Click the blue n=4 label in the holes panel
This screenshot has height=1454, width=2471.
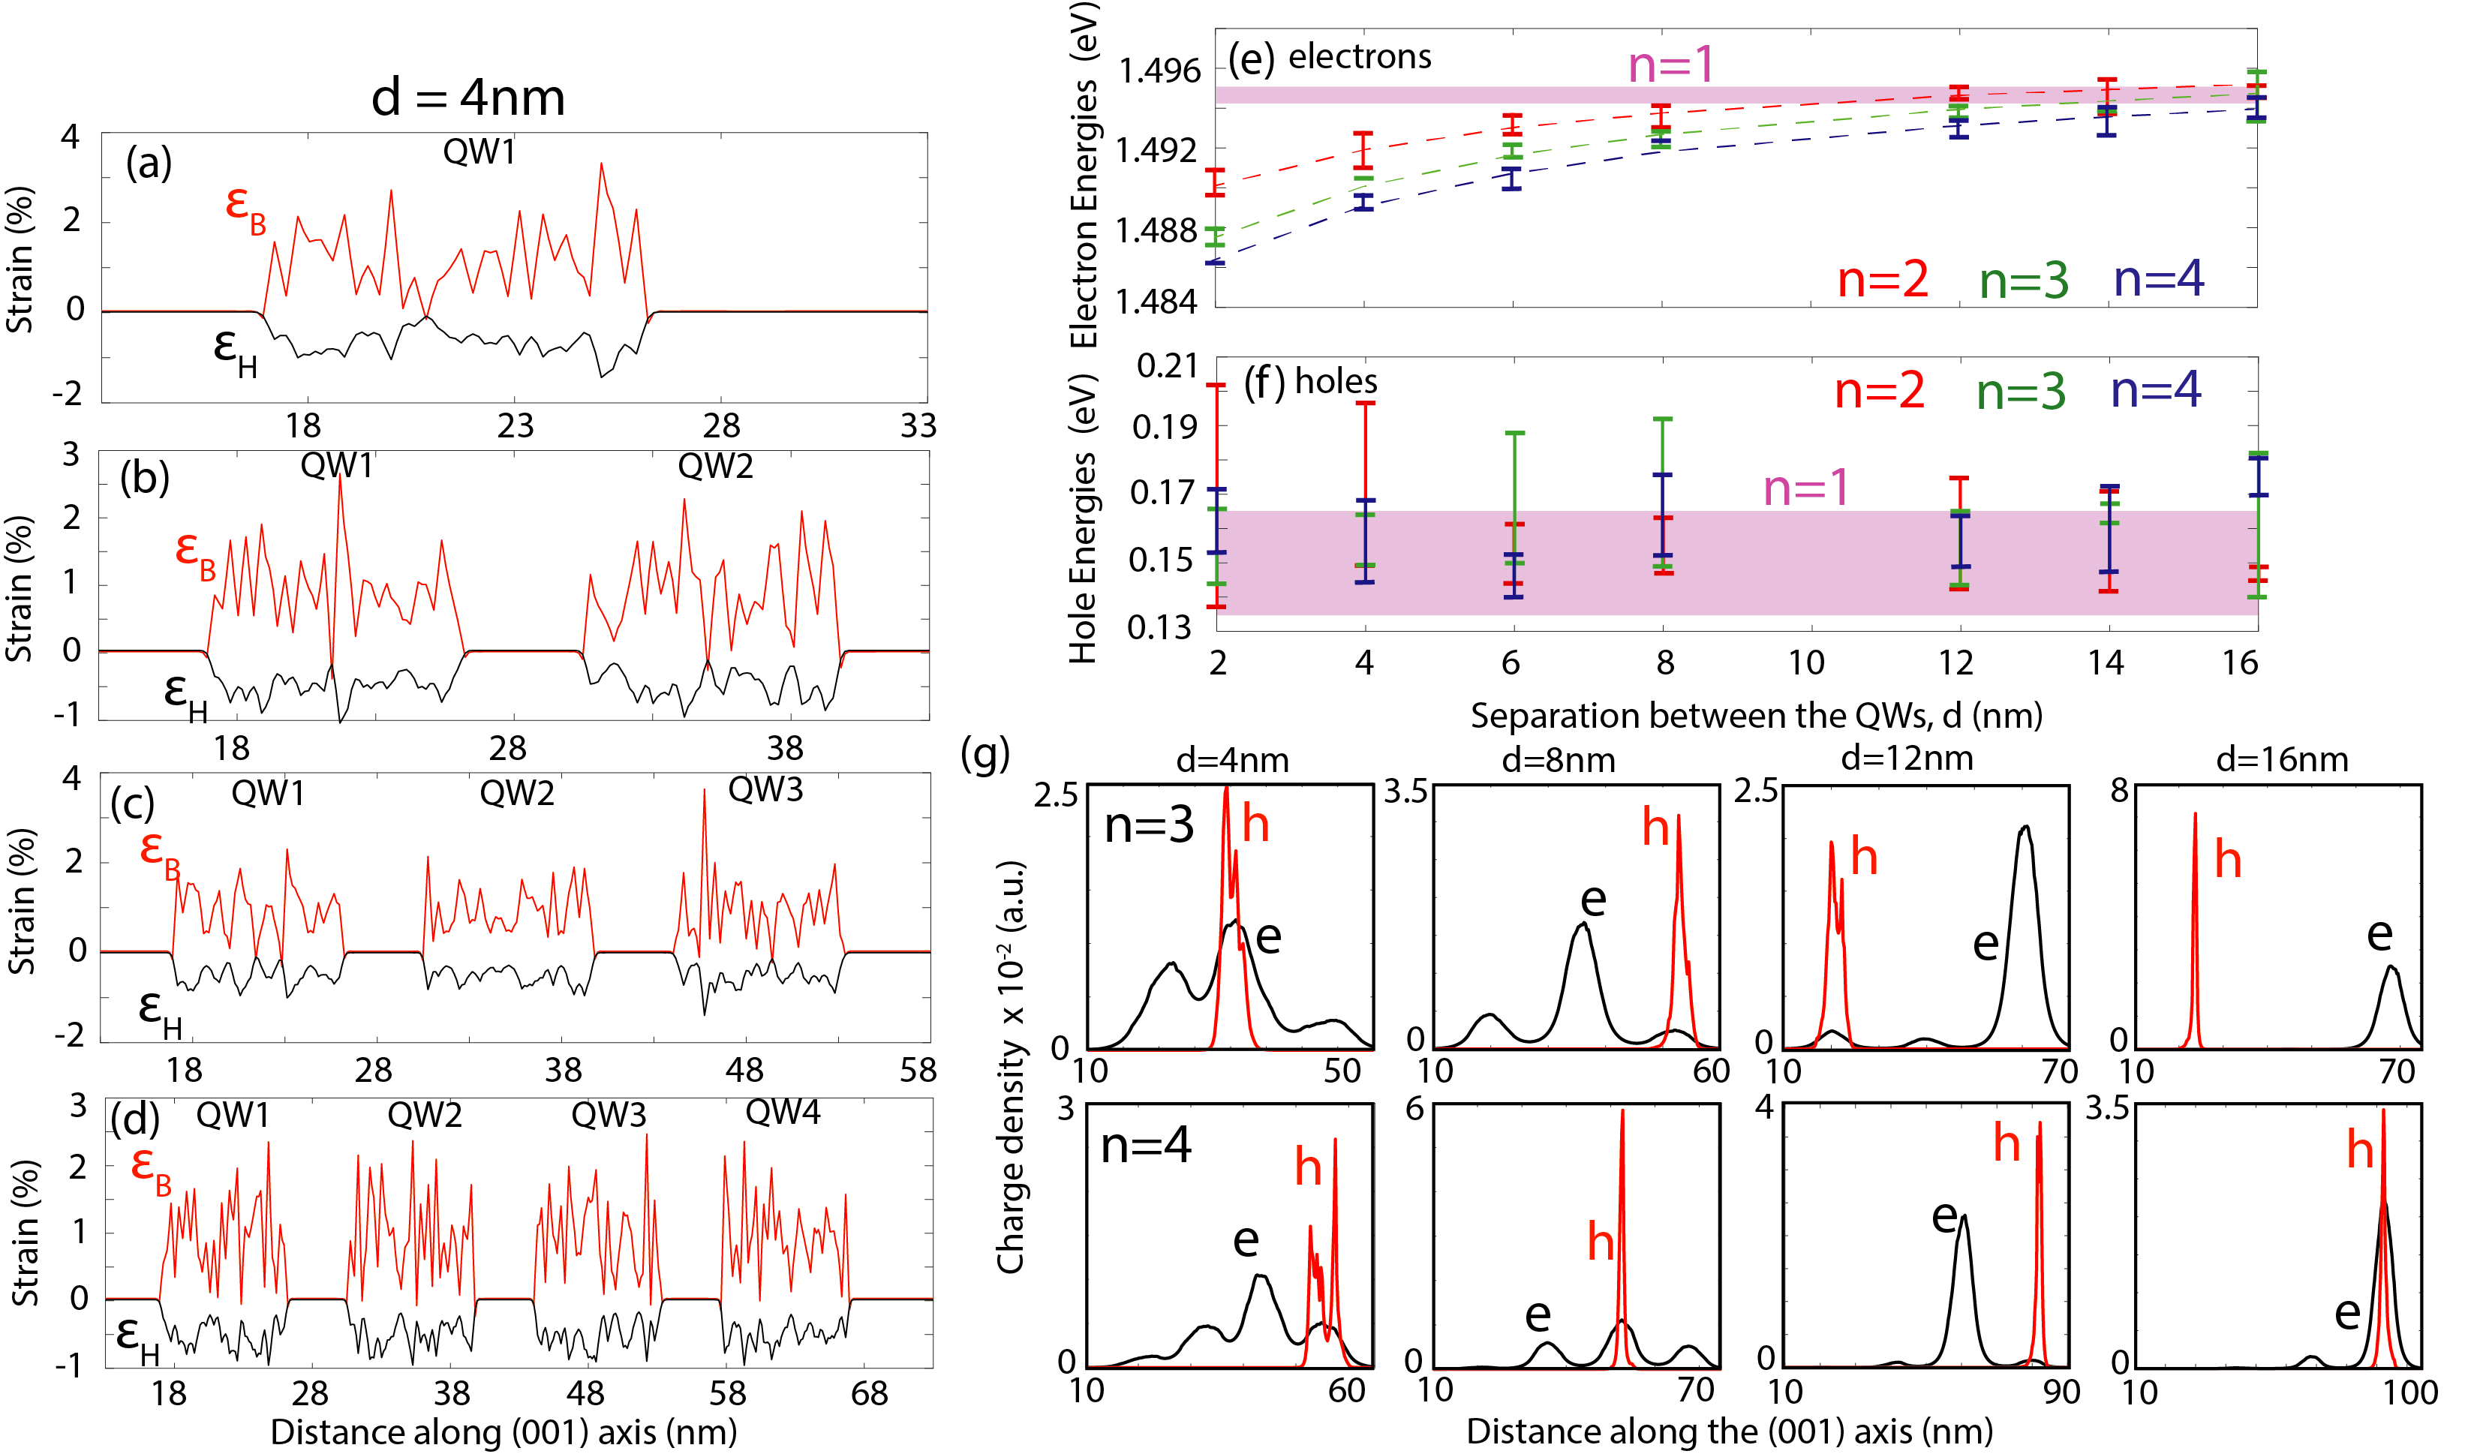pyautogui.click(x=2155, y=390)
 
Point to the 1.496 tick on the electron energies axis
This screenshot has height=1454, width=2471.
pyautogui.click(x=1159, y=71)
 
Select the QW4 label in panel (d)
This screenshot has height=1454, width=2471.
pyautogui.click(x=783, y=1112)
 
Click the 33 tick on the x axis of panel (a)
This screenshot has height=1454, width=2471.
pyautogui.click(x=918, y=425)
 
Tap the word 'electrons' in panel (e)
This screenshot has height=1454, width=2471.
pyautogui.click(x=1359, y=57)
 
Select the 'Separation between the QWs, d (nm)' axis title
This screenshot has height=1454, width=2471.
pyautogui.click(x=1755, y=716)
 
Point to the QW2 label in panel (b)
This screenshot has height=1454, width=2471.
pyautogui.click(x=715, y=466)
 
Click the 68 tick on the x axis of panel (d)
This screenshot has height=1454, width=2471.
pyautogui.click(x=869, y=1393)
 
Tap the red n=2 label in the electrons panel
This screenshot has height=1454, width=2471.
pyautogui.click(x=1882, y=281)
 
